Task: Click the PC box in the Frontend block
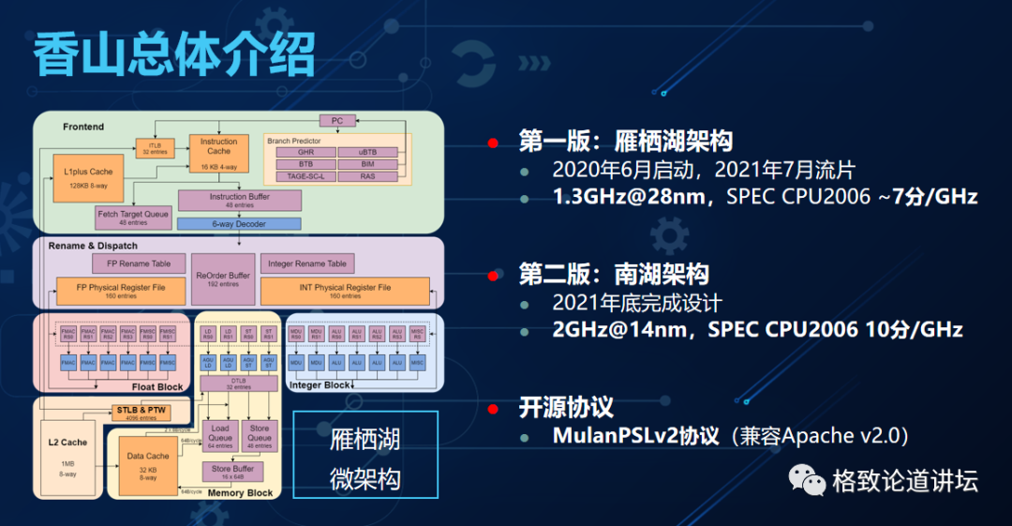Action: tap(337, 121)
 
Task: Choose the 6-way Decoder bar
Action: tap(239, 224)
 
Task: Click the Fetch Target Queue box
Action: tap(134, 218)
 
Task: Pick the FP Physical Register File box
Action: tap(123, 290)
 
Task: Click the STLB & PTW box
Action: tap(140, 412)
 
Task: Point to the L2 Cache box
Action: tap(67, 450)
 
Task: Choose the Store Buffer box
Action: tap(232, 472)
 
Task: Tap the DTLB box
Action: tap(238, 384)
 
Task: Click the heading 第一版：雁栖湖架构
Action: tap(625, 142)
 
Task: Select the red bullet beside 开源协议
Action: tap(492, 408)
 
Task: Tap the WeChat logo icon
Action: tap(807, 481)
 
